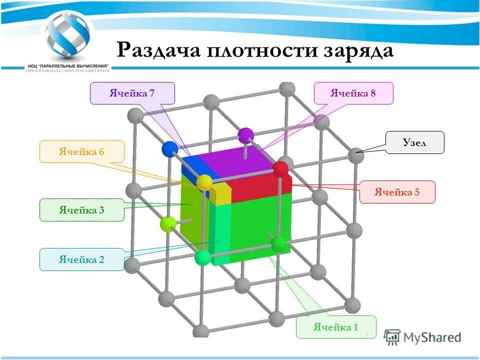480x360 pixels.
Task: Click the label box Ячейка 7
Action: pyautogui.click(x=132, y=93)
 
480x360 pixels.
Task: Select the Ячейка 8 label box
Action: pyautogui.click(x=353, y=93)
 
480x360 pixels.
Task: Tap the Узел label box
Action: pyautogui.click(x=414, y=142)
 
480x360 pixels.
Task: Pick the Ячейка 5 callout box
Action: pyautogui.click(x=397, y=192)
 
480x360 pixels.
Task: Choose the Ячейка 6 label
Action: pyautogui.click(x=81, y=151)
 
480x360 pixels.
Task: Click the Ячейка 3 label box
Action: pyautogui.click(x=81, y=210)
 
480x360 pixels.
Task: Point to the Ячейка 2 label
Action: pyautogui.click(x=81, y=259)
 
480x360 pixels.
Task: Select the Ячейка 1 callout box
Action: pyautogui.click(x=335, y=327)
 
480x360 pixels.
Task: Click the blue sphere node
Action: pyautogui.click(x=170, y=149)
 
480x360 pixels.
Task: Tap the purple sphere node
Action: pyautogui.click(x=245, y=135)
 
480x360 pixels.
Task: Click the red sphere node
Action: pyautogui.click(x=280, y=169)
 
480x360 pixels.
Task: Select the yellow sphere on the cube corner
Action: pyautogui.click(x=204, y=182)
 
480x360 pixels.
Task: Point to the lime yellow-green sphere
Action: pyautogui.click(x=168, y=224)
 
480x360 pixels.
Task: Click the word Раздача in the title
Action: pyautogui.click(x=158, y=51)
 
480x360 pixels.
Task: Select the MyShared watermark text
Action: pyautogui.click(x=433, y=337)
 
